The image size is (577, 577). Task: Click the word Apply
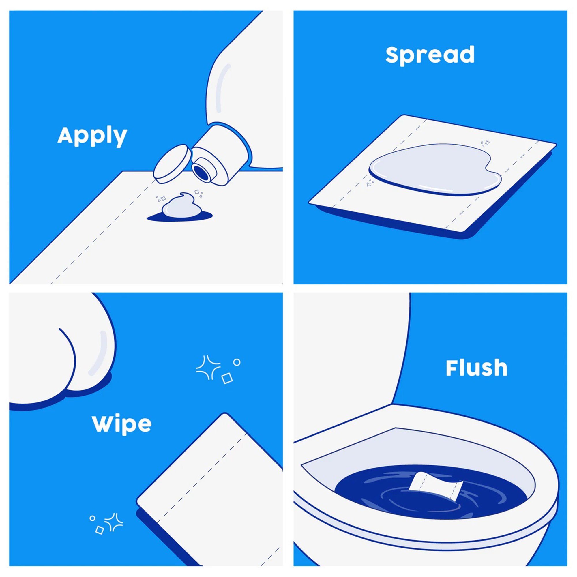click(92, 136)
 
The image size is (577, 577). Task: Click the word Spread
click(430, 55)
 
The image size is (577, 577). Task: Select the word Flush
click(476, 368)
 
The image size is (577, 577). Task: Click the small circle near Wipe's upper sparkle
click(237, 362)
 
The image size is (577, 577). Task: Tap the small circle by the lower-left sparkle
click(92, 518)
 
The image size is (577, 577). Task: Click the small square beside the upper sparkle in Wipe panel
click(227, 379)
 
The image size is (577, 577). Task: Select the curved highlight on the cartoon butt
click(100, 353)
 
